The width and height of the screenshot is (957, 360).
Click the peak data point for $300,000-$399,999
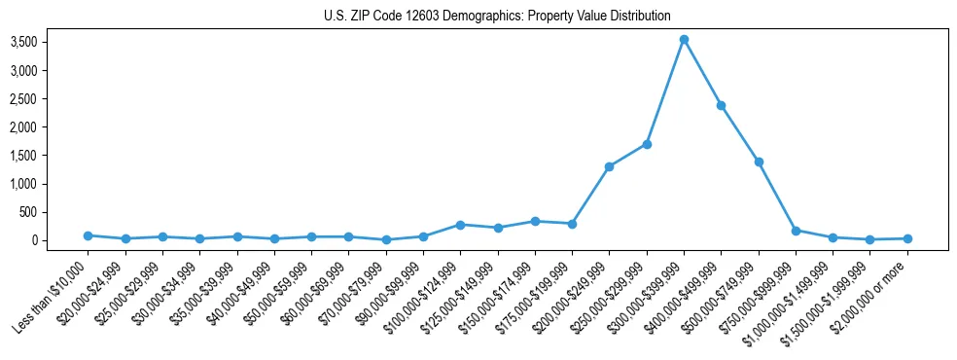pyautogui.click(x=684, y=39)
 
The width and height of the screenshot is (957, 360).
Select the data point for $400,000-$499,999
pyautogui.click(x=721, y=105)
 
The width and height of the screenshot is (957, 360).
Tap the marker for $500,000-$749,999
pyautogui.click(x=759, y=162)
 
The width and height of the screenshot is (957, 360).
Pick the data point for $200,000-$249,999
pyautogui.click(x=609, y=166)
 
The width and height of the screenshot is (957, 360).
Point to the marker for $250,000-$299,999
pyautogui.click(x=647, y=144)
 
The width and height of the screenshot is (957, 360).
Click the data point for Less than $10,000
pyautogui.click(x=88, y=235)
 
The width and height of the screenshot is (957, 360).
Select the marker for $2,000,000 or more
pyautogui.click(x=907, y=238)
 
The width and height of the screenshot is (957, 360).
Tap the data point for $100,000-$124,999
pyautogui.click(x=460, y=225)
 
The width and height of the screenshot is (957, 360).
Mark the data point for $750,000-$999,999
pyautogui.click(x=796, y=231)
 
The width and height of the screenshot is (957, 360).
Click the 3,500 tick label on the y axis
pyautogui.click(x=50, y=42)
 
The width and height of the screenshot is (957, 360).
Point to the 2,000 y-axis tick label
pyautogui.click(x=50, y=126)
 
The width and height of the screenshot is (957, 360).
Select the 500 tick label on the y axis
pyautogui.click(x=54, y=212)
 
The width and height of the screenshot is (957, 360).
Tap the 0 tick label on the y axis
pyautogui.click(x=60, y=240)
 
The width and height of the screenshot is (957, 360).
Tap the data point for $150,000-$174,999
pyautogui.click(x=535, y=221)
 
